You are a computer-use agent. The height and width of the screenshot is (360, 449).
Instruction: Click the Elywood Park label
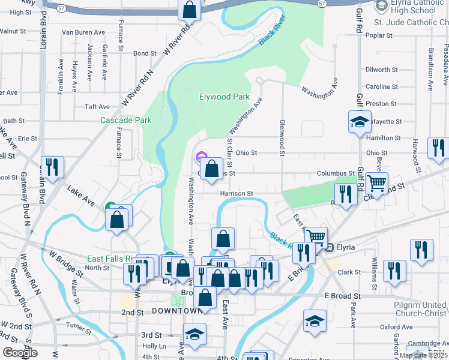(x=224, y=97)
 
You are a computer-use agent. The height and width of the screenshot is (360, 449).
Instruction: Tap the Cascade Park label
(x=126, y=120)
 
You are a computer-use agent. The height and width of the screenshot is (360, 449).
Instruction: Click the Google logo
(x=20, y=352)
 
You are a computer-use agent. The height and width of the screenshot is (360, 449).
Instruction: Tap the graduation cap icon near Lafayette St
(x=360, y=122)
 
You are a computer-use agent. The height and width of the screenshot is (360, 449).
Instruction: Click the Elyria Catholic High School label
(x=414, y=7)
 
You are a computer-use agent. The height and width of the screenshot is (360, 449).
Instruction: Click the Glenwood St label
(x=280, y=136)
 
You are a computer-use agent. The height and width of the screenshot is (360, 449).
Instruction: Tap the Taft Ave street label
(x=97, y=107)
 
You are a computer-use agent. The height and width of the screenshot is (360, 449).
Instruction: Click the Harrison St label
(x=237, y=194)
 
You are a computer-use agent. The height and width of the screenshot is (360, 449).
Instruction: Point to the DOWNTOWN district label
(x=177, y=311)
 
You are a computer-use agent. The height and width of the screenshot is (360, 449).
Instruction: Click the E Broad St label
(x=343, y=296)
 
